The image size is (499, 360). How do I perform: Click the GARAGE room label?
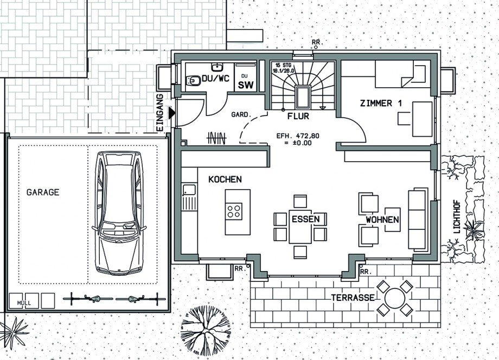[43, 192]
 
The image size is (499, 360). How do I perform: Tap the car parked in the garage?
[119, 213]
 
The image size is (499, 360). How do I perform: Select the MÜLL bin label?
[24, 303]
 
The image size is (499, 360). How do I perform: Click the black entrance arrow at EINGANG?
[172, 113]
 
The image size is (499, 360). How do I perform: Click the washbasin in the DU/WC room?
[217, 67]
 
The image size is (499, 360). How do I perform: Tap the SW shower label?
[246, 85]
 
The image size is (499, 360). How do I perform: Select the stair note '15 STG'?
[282, 65]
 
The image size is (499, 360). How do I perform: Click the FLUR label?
[298, 116]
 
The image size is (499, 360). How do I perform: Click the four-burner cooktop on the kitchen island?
[234, 211]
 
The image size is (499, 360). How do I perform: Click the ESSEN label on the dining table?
[305, 219]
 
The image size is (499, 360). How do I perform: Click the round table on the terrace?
[395, 298]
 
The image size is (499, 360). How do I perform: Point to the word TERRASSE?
[353, 298]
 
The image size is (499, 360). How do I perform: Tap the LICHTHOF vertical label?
[457, 216]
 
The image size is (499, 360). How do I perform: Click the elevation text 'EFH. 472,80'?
[298, 136]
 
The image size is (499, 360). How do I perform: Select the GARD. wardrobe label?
[241, 114]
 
